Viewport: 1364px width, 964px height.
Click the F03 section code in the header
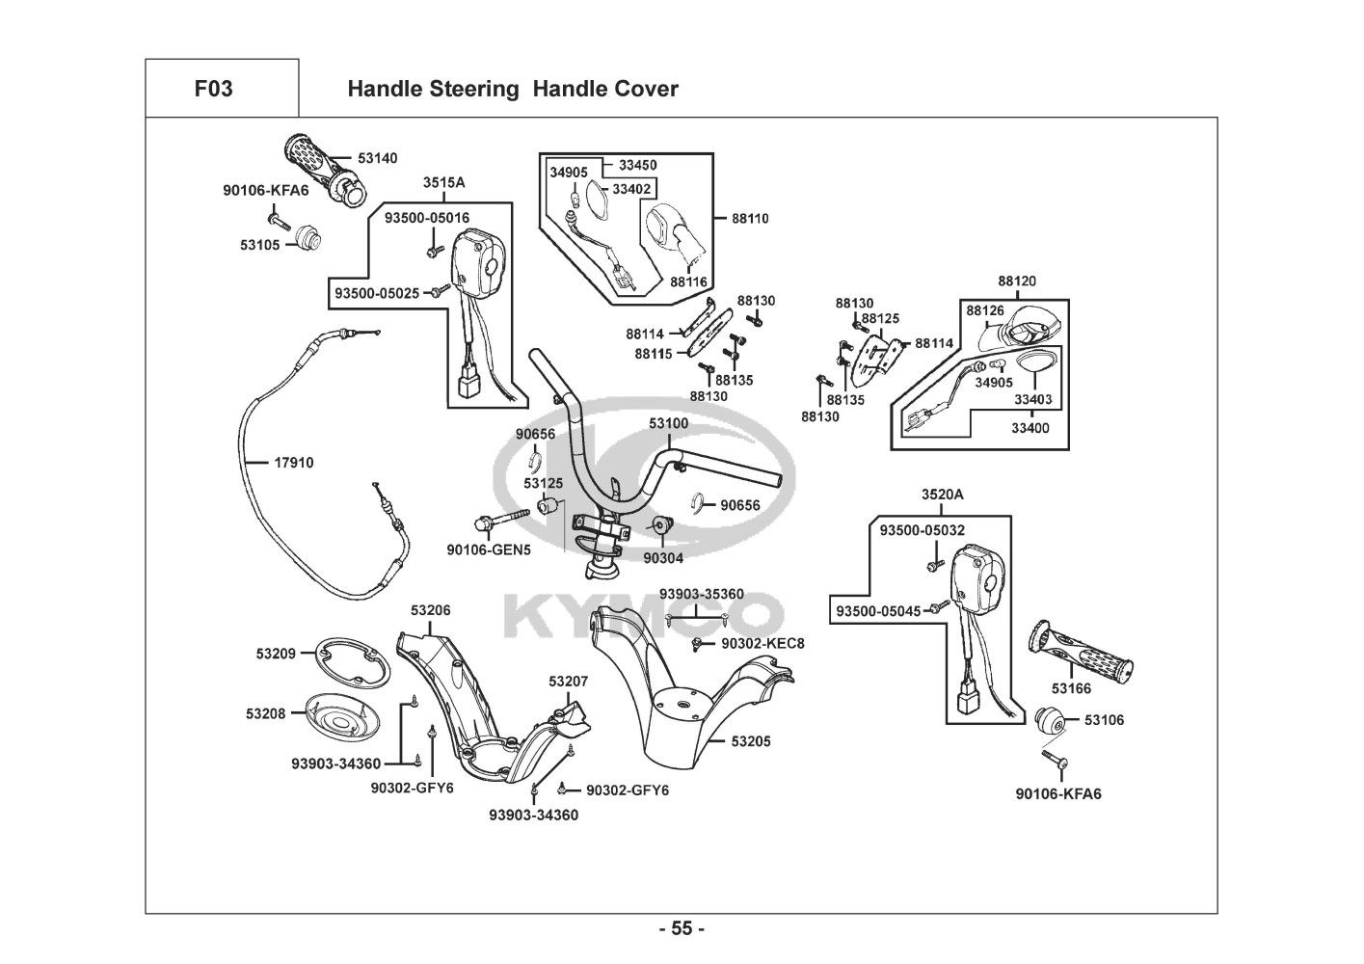click(x=213, y=89)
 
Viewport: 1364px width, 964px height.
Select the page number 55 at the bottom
click(x=682, y=929)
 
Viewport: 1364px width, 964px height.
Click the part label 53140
click(x=377, y=157)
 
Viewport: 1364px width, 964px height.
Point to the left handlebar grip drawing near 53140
click(x=319, y=166)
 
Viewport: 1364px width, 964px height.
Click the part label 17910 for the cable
click(x=294, y=463)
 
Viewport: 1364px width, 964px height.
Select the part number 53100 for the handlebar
click(x=669, y=423)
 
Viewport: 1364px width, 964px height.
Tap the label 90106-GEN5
click(x=489, y=550)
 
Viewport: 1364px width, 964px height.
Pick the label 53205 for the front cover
click(x=751, y=741)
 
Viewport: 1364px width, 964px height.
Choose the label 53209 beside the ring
click(x=276, y=654)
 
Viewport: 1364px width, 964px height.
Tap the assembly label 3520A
click(x=942, y=495)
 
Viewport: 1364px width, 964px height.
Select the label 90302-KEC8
click(x=762, y=643)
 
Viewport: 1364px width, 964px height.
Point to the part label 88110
click(x=750, y=219)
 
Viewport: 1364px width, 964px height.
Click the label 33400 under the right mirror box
click(x=1030, y=428)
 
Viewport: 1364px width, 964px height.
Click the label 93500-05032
click(x=923, y=530)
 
